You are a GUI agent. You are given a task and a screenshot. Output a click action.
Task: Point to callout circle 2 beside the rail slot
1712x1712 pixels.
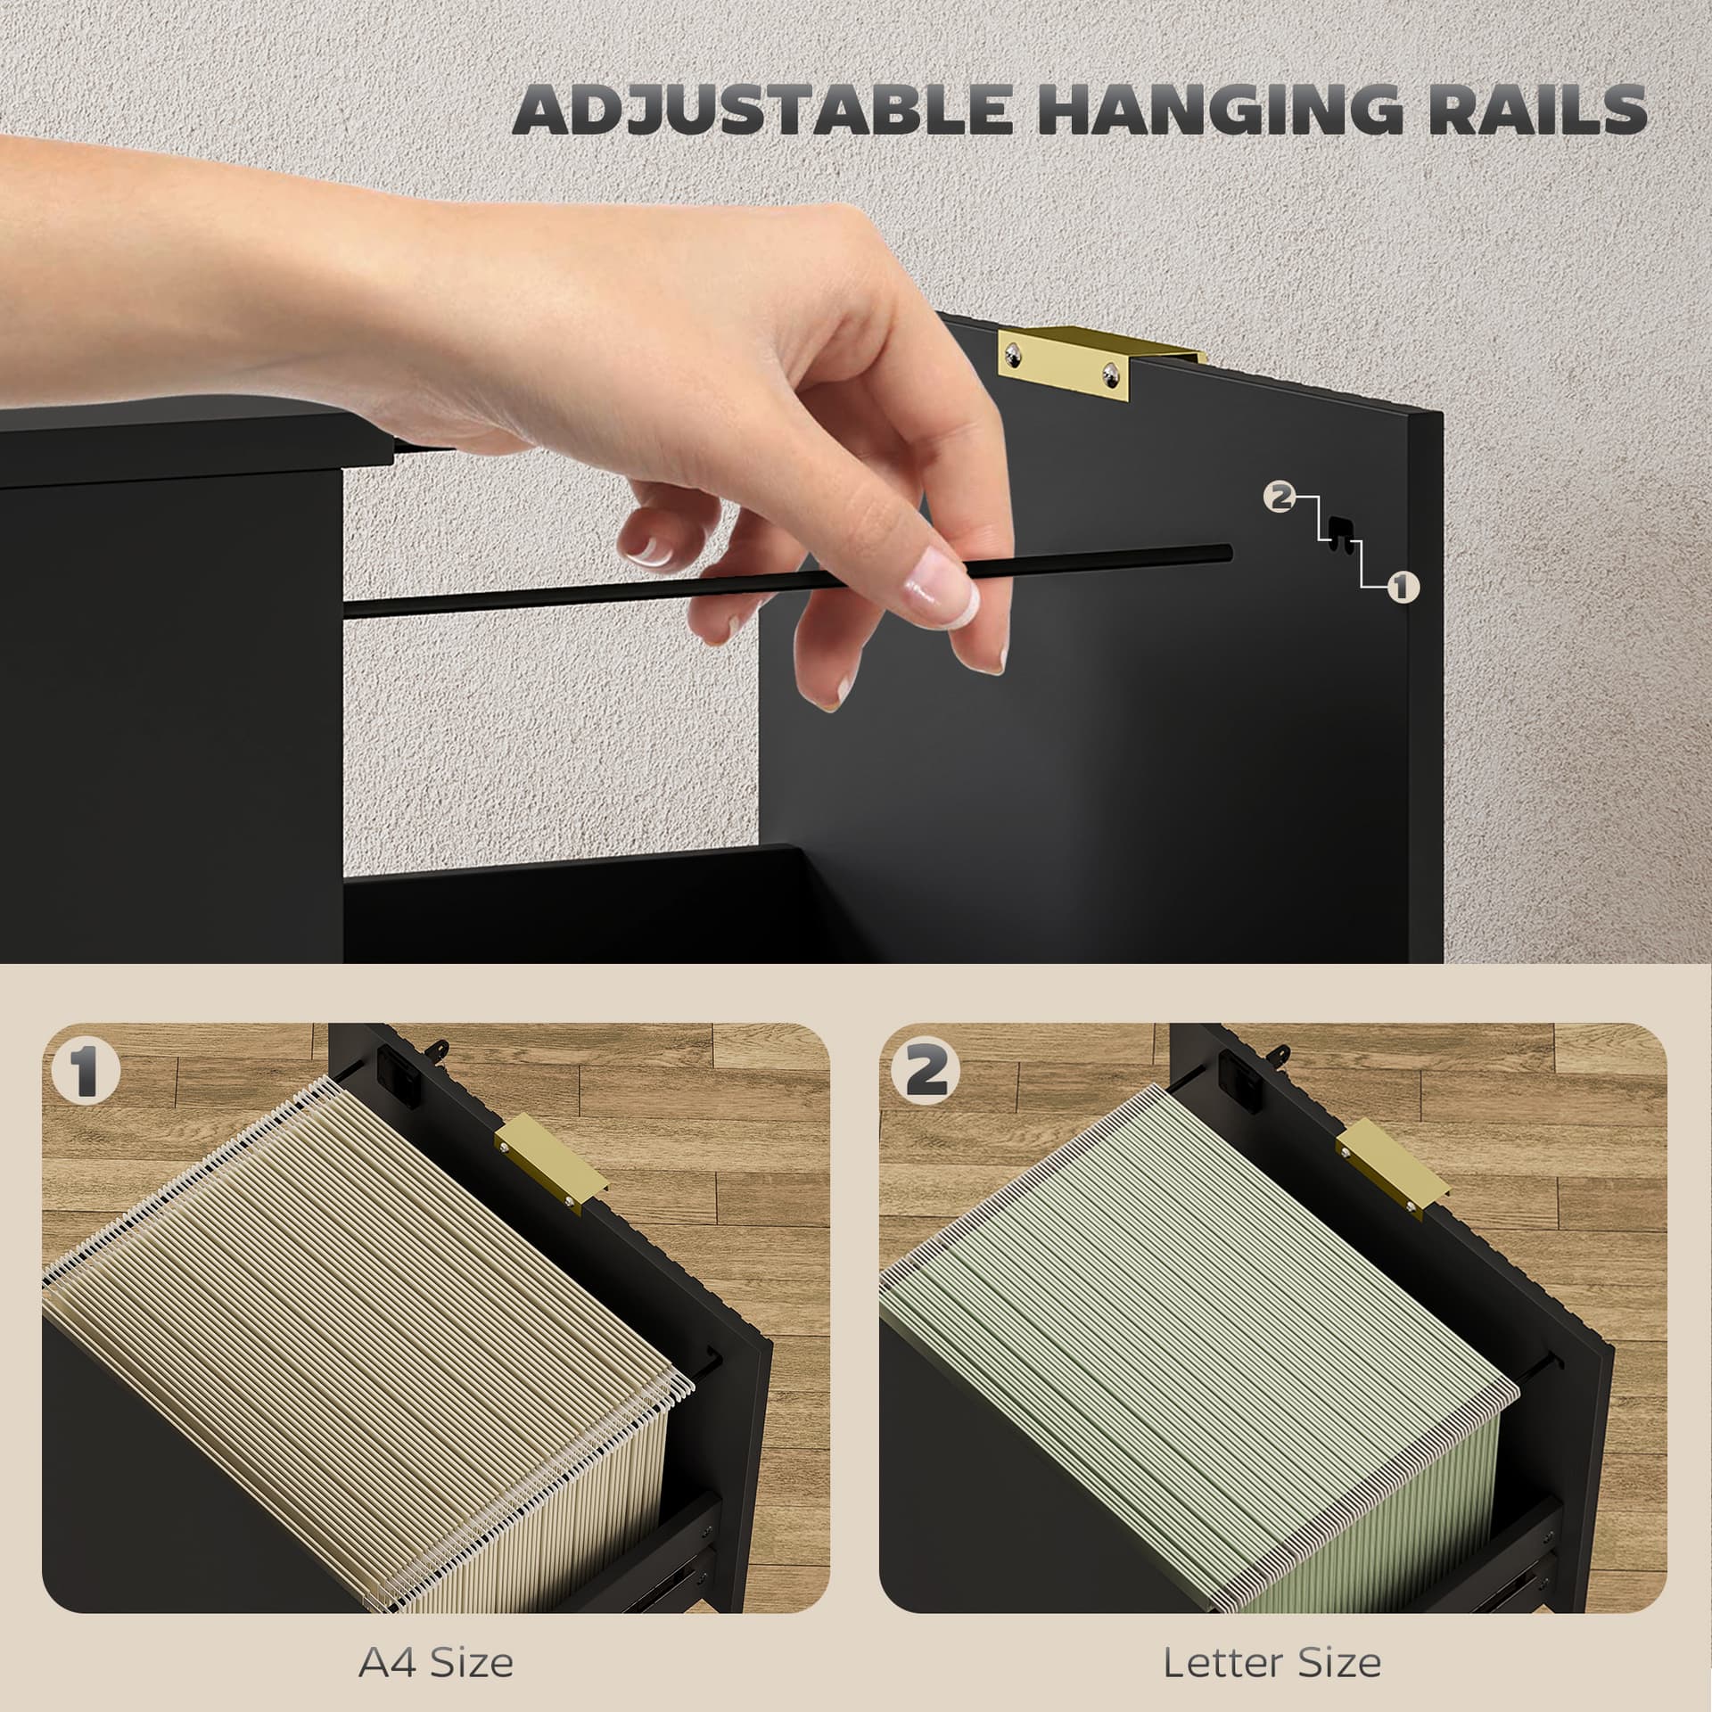coord(1281,498)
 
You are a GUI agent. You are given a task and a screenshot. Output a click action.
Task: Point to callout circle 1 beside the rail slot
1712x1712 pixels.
coord(1403,586)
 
